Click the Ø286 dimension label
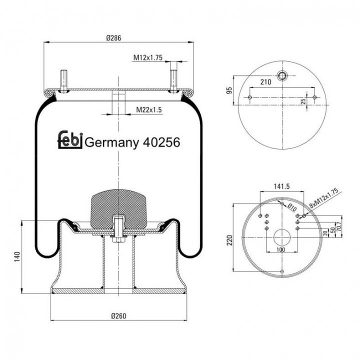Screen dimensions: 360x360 point(113,37)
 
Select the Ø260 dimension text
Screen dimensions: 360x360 point(118,316)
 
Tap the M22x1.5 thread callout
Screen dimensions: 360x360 point(149,109)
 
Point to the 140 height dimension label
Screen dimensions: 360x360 point(17,257)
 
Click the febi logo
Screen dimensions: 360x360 point(70,139)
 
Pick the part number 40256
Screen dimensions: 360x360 point(161,142)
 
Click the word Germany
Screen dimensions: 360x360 point(112,143)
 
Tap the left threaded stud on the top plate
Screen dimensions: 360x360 point(64,81)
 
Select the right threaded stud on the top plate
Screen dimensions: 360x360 point(173,77)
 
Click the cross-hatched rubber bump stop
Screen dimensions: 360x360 point(118,209)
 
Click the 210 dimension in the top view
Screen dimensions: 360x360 point(265,82)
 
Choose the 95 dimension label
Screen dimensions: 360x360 point(229,90)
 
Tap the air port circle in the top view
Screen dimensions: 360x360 point(282,75)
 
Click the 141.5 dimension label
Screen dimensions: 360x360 point(281,186)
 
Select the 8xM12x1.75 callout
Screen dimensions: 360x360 point(324,198)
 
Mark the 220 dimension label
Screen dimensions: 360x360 point(229,240)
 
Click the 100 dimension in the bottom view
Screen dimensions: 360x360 point(281,249)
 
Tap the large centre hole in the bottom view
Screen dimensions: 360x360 point(282,237)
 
